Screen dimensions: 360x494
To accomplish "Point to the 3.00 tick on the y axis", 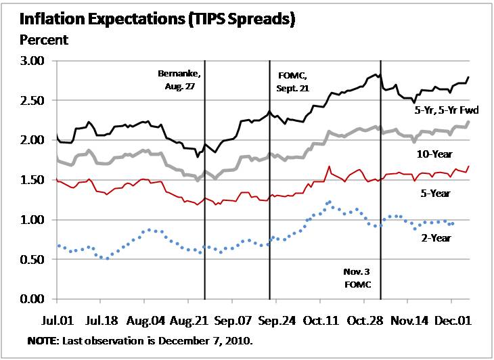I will pyautogui.click(x=30, y=61).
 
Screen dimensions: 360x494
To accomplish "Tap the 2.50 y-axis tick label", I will pyautogui.click(x=30, y=101).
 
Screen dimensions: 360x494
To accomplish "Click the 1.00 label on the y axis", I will pyautogui.click(x=30, y=220).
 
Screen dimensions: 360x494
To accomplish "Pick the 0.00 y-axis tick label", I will pyautogui.click(x=30, y=299).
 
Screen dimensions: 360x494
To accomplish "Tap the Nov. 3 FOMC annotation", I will pyautogui.click(x=356, y=278).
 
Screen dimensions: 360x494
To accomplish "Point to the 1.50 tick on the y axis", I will pyautogui.click(x=30, y=180).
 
